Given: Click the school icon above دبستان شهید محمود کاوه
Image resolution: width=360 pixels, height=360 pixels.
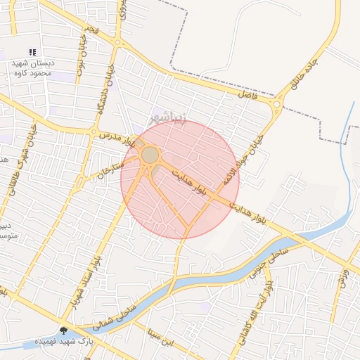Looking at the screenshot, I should [x=32, y=52].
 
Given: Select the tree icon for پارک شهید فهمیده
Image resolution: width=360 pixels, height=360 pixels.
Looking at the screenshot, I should [x=64, y=330].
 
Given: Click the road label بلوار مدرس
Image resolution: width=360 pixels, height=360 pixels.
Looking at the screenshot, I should [x=116, y=136].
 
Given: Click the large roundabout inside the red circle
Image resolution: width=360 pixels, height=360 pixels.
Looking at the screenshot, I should [x=150, y=155].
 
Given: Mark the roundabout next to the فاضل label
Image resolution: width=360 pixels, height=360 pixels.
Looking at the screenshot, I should [x=276, y=105].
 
